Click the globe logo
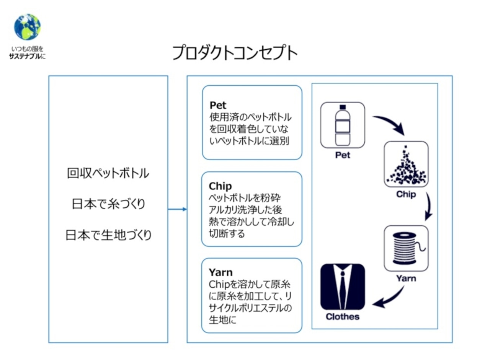[x=27, y=27]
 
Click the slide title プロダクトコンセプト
[x=235, y=53]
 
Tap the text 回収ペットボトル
[x=108, y=173]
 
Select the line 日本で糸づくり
[x=108, y=204]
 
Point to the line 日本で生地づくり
[x=108, y=235]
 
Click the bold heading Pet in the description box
[x=218, y=105]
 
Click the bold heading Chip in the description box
[x=220, y=186]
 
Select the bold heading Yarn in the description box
[x=221, y=272]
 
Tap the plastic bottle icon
[x=343, y=125]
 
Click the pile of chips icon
[x=406, y=164]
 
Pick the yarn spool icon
[x=406, y=248]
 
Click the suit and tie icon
[x=343, y=287]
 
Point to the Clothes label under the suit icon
[x=343, y=316]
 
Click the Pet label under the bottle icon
[x=343, y=155]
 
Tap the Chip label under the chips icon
[x=406, y=194]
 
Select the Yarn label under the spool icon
[x=406, y=279]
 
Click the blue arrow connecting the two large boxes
[x=177, y=209]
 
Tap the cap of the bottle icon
[x=343, y=107]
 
